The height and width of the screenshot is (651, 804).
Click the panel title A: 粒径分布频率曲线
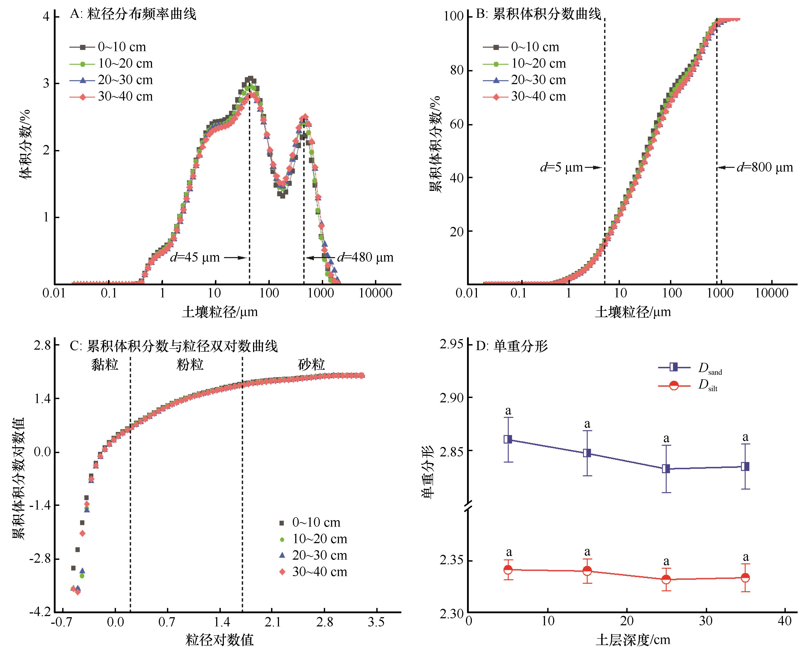(x=133, y=14)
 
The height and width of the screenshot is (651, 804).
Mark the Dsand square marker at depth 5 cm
(x=508, y=439)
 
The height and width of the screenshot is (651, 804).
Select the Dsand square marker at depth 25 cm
(x=666, y=469)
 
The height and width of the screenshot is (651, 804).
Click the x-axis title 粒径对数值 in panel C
(x=219, y=640)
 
